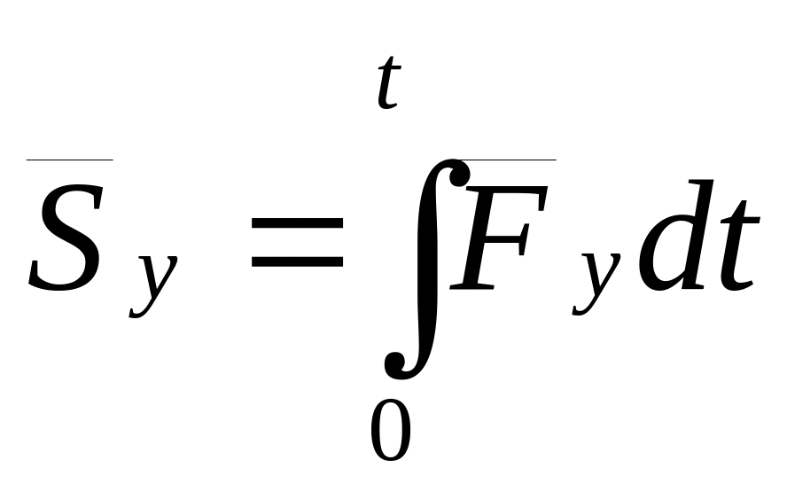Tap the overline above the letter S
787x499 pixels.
tap(70, 160)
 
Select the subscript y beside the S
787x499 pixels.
tap(152, 285)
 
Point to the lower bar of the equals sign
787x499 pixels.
tap(297, 262)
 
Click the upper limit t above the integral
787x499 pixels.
tap(389, 82)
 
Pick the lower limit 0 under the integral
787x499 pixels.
tap(391, 430)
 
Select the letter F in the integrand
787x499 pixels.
tap(498, 238)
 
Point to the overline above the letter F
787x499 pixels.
tap(509, 160)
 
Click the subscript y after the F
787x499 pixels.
tap(596, 283)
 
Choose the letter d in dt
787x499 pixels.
tap(676, 235)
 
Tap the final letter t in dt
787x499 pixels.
tap(737, 246)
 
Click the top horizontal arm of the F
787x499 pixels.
tap(507, 191)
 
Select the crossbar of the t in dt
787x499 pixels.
tap(739, 221)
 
